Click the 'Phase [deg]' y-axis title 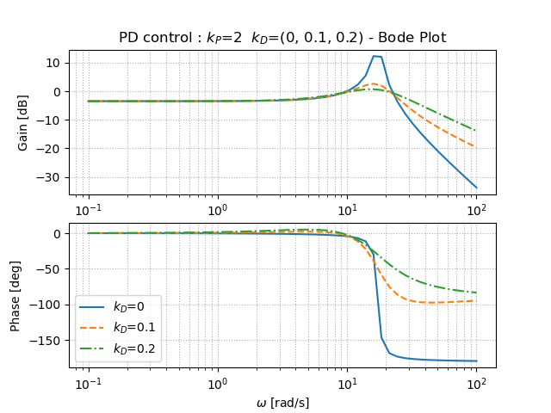point(15,295)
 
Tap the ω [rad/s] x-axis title point(282,403)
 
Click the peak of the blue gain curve point(375,56)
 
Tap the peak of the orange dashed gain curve point(374,84)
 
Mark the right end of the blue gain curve point(476,188)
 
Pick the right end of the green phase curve point(476,293)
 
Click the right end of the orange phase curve point(476,300)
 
